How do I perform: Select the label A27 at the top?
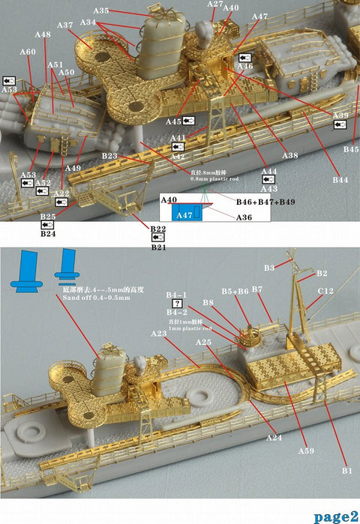[214, 4]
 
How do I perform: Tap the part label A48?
[43, 34]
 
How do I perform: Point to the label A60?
[27, 52]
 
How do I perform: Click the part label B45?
[351, 149]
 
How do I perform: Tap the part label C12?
[325, 290]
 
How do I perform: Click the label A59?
[305, 451]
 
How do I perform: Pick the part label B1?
[346, 470]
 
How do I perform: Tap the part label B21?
[158, 247]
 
